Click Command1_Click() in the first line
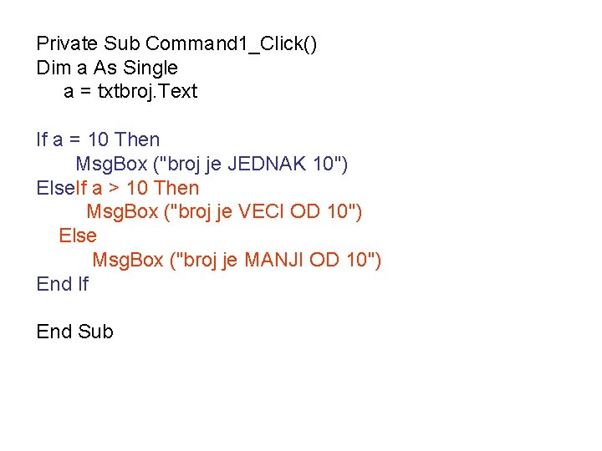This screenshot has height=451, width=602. [x=231, y=43]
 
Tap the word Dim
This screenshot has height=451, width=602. [x=53, y=68]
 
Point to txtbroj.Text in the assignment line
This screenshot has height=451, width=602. [x=147, y=91]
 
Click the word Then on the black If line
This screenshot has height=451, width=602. [x=137, y=139]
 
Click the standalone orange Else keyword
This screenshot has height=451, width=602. [x=78, y=236]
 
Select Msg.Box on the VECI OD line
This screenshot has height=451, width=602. [x=122, y=212]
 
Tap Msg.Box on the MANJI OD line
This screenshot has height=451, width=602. [x=127, y=261]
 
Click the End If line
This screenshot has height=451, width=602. [x=62, y=284]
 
